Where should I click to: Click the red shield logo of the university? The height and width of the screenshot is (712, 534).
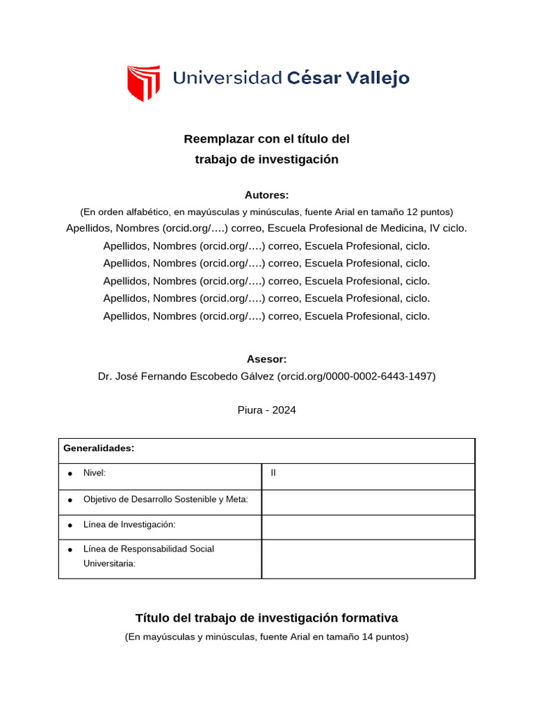pos(143,82)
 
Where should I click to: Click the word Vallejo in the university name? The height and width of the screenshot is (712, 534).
pos(376,78)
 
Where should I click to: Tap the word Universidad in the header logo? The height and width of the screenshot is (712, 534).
pos(227,78)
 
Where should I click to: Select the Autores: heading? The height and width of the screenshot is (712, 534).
pos(266,195)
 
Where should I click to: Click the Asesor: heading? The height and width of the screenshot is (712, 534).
pos(266,359)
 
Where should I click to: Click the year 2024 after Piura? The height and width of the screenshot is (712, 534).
pos(284,410)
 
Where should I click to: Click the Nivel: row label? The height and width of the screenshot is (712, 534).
pos(95,473)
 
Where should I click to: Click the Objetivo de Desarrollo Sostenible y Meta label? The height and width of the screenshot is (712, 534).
pos(165,500)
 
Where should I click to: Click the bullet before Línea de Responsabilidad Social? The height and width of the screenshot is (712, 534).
pos(70,549)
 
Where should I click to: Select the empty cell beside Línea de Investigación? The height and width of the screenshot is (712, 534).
pos(368,527)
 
